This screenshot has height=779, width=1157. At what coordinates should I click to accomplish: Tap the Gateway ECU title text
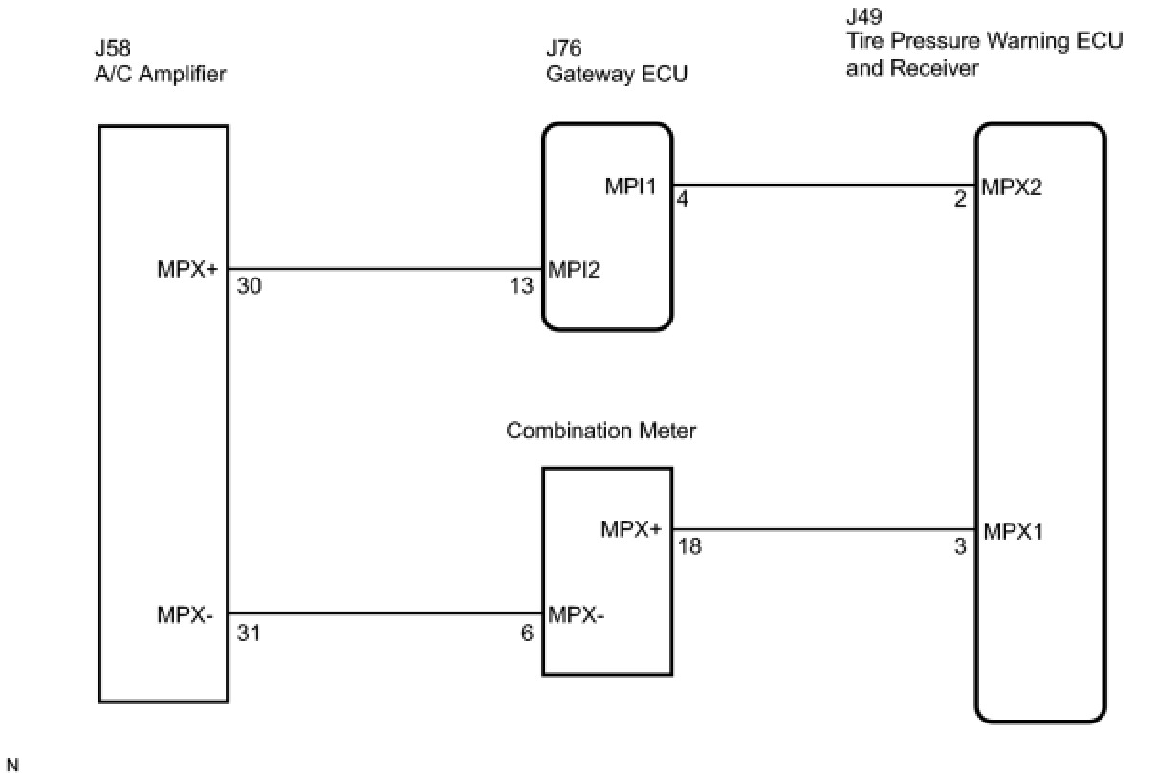(x=617, y=75)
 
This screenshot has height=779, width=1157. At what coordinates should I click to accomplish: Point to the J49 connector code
(x=864, y=17)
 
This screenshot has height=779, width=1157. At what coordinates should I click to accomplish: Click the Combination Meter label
(x=601, y=431)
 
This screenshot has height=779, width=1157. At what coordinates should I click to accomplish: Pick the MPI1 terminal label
(x=631, y=187)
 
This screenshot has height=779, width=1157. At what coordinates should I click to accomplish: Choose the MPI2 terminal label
(x=575, y=270)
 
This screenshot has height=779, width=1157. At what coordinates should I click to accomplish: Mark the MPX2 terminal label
(x=1012, y=187)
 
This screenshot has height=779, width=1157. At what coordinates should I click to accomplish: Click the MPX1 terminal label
(x=1013, y=531)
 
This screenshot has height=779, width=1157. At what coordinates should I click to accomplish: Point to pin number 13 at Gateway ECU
(x=523, y=286)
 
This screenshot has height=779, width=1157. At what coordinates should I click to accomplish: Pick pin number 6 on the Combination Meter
(x=527, y=633)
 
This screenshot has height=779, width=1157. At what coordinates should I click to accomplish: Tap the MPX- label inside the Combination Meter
(x=577, y=614)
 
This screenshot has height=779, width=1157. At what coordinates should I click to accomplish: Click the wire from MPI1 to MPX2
(x=822, y=185)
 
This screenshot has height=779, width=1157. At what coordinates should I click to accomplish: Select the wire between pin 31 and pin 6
(x=382, y=614)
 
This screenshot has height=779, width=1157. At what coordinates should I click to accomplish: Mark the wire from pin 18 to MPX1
(x=822, y=528)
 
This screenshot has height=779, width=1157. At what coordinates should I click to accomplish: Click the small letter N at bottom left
(x=12, y=765)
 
